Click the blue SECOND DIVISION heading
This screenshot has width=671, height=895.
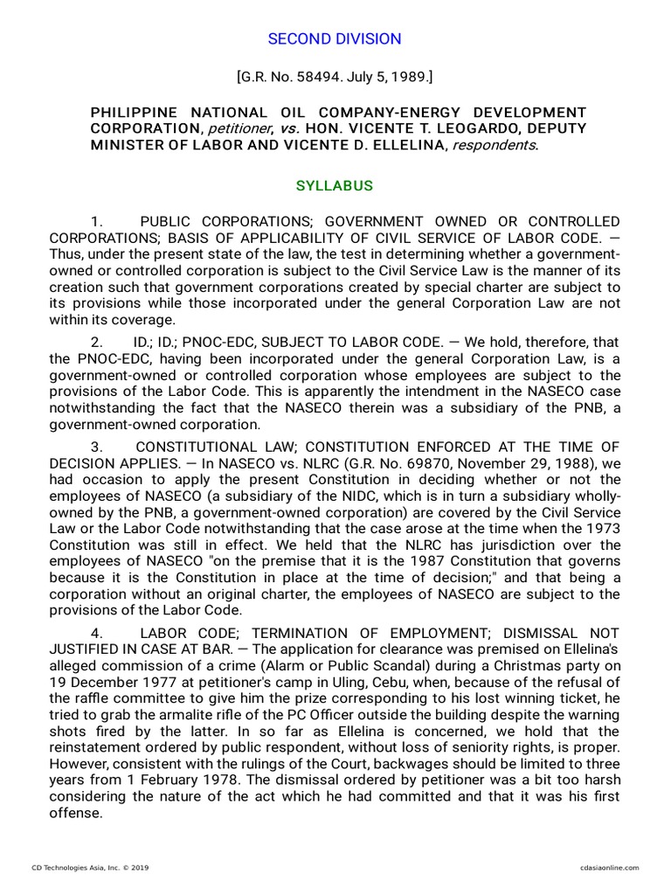335,38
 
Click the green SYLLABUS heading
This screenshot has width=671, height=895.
335,186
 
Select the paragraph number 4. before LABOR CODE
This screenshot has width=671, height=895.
98,632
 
